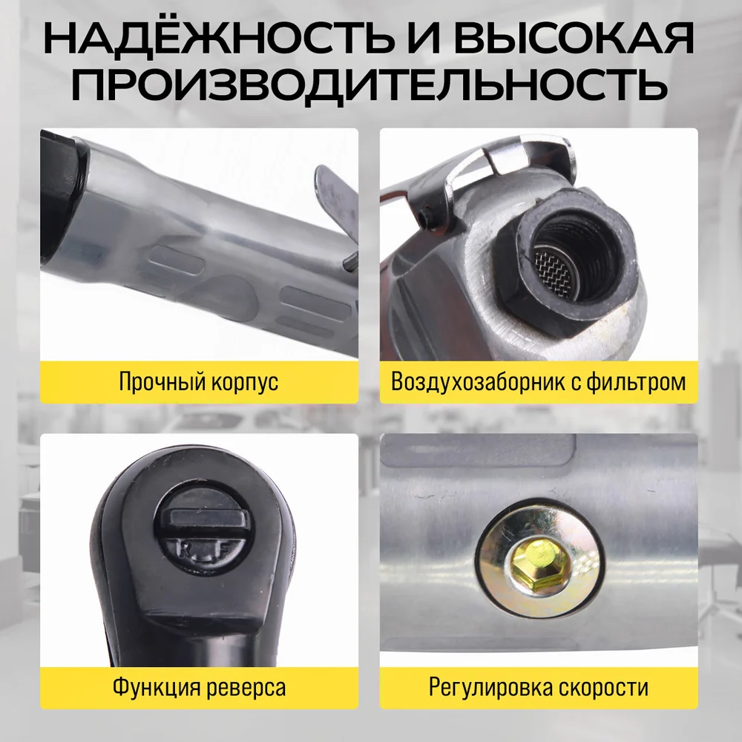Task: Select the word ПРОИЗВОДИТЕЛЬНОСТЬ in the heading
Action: [370, 85]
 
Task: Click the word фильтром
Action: [636, 382]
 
